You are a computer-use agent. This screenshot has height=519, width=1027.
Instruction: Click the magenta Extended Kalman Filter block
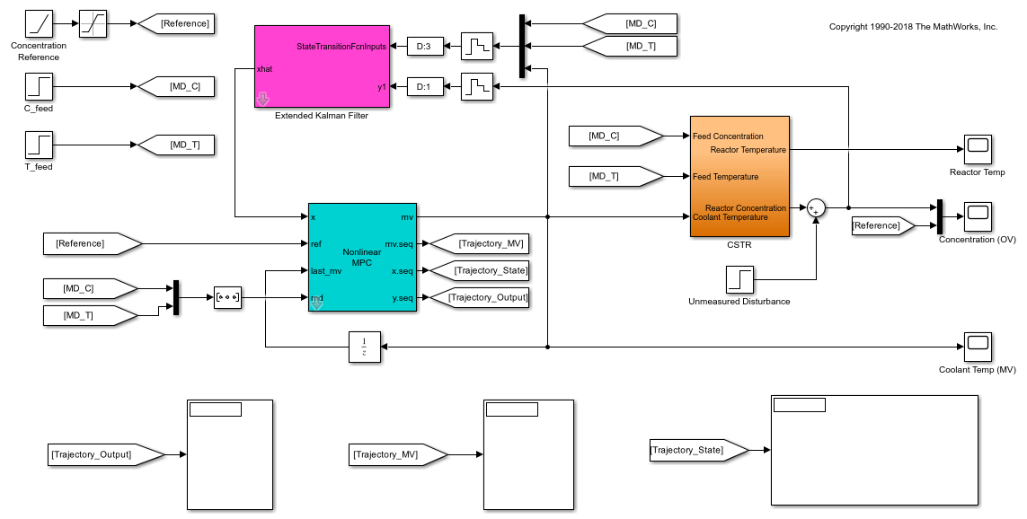click(x=322, y=66)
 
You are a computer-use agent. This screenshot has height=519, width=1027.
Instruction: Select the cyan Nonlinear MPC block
click(x=362, y=257)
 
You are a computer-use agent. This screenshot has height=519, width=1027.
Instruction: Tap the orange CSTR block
click(x=739, y=176)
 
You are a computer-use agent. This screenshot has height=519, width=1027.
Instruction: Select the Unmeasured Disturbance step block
click(x=739, y=279)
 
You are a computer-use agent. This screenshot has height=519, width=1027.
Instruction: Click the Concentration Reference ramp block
click(x=39, y=24)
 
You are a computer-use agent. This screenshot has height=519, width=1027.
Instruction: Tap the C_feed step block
click(x=39, y=87)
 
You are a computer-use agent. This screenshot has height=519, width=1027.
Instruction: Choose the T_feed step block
click(x=39, y=145)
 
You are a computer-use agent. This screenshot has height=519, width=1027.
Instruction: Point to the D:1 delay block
click(x=425, y=87)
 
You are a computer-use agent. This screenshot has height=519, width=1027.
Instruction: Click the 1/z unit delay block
click(x=364, y=347)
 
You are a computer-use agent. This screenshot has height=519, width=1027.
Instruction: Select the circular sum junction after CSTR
click(x=816, y=208)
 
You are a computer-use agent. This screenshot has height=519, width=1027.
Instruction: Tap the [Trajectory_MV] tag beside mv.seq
click(x=478, y=243)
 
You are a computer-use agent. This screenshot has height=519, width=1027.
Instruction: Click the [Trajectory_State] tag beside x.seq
click(x=480, y=270)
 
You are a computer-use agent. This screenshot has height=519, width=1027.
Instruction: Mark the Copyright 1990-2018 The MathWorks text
click(x=913, y=27)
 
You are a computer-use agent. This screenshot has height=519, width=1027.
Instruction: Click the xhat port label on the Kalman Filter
click(x=265, y=68)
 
